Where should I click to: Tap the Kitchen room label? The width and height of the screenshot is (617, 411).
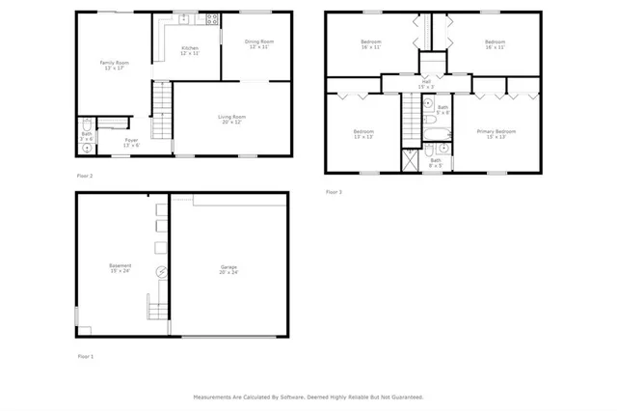[190, 50]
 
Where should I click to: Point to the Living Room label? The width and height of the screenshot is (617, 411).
[232, 119]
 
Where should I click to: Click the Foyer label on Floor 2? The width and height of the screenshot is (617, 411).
[131, 142]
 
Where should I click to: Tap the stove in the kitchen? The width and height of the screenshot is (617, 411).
[211, 18]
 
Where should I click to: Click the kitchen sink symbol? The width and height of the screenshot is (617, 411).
[184, 18]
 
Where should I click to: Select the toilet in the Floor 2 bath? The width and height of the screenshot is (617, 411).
[86, 124]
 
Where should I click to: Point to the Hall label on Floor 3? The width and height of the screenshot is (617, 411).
[426, 83]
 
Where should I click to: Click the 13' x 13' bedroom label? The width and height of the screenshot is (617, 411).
[362, 133]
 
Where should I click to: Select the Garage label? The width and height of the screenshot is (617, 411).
[228, 268]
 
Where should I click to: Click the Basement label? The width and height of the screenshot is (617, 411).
[121, 268]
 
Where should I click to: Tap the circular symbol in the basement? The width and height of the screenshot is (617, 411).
[161, 272]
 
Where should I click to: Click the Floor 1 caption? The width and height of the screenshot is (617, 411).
[87, 356]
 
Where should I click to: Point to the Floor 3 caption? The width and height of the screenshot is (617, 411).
[334, 193]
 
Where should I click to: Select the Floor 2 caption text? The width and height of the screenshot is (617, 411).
[85, 176]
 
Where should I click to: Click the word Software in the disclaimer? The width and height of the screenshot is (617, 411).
[291, 397]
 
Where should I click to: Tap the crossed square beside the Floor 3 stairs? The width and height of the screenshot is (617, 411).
[408, 159]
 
